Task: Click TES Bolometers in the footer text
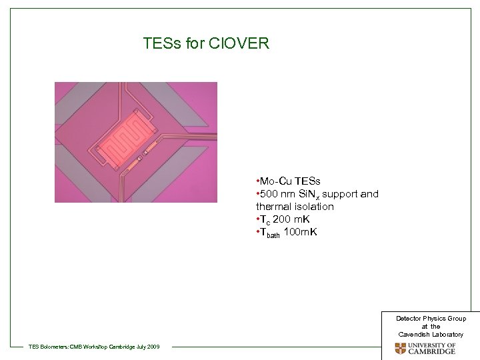point(49,346)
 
